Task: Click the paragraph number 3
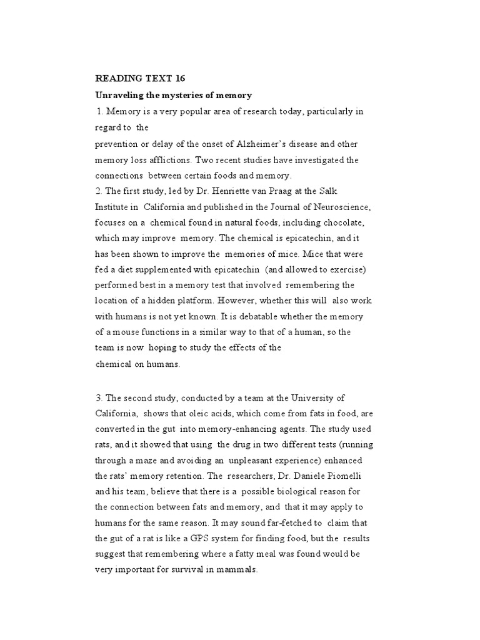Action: (97, 397)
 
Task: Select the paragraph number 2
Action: (97, 190)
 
